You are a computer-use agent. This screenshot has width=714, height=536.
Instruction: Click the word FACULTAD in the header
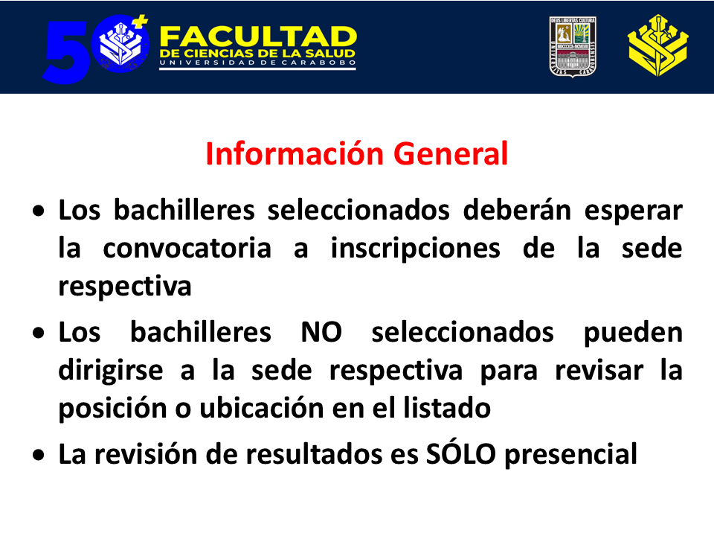(x=258, y=36)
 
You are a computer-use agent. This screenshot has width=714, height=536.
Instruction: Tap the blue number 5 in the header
(x=66, y=52)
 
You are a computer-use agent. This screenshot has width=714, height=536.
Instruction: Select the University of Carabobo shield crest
(x=573, y=47)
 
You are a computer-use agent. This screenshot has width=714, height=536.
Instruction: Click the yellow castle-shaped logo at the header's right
(x=657, y=45)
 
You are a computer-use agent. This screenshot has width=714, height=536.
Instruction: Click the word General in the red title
(x=451, y=153)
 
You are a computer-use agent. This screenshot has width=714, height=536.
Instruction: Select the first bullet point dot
(x=39, y=211)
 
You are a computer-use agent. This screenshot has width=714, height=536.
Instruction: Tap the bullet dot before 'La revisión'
(x=39, y=456)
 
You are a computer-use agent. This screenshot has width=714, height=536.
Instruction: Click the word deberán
(x=517, y=211)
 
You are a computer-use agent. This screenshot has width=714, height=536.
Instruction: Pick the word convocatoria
(x=187, y=249)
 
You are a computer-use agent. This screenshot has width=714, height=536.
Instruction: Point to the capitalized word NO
(x=321, y=332)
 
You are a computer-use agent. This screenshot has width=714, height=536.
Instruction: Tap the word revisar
(x=599, y=370)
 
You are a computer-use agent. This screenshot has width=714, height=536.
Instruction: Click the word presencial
(x=571, y=456)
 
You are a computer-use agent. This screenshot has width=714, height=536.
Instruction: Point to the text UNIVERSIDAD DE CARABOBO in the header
(x=258, y=63)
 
